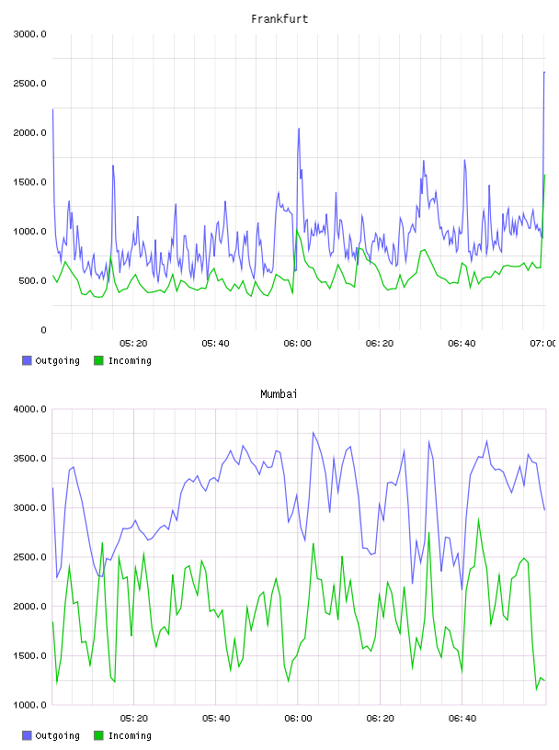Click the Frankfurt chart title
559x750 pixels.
[x=279, y=19]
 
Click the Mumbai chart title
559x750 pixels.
[x=279, y=394]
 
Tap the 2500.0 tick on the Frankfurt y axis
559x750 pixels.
[x=29, y=84]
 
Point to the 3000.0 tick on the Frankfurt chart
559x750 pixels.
[x=29, y=34]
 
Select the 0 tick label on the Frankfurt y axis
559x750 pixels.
[x=43, y=330]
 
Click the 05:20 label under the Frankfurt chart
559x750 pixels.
[x=133, y=344]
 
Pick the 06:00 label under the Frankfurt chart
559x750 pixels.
[x=297, y=344]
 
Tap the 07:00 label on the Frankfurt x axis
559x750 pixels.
[x=543, y=344]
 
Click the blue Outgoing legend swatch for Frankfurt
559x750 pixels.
[x=27, y=360]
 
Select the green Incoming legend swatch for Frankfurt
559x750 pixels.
[x=98, y=360]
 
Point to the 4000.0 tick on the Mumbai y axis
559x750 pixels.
[x=29, y=409]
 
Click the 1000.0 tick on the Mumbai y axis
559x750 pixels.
[x=29, y=705]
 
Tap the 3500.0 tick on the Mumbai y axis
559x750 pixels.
[x=29, y=459]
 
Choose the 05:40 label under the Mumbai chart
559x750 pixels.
[x=216, y=719]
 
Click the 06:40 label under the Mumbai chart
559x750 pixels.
[x=462, y=719]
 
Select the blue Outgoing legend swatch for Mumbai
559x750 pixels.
[x=27, y=735]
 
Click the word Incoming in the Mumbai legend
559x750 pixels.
[x=130, y=736]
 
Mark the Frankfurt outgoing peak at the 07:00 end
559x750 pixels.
[x=544, y=73]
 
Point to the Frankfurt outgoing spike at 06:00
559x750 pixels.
[x=299, y=128]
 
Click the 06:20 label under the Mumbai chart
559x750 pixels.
[x=380, y=719]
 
